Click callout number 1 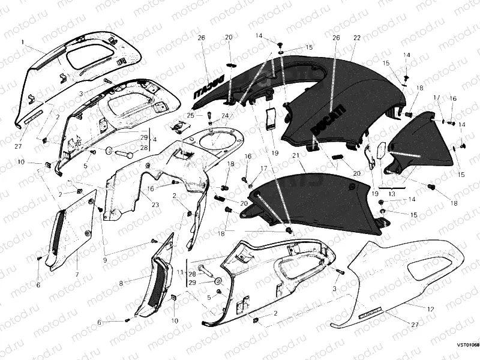coord(22,43)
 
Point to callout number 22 coord(356,38)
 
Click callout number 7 coord(77,274)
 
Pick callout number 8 coord(121,283)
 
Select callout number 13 coord(392,194)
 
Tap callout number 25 coord(189,115)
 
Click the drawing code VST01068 coord(467,345)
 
